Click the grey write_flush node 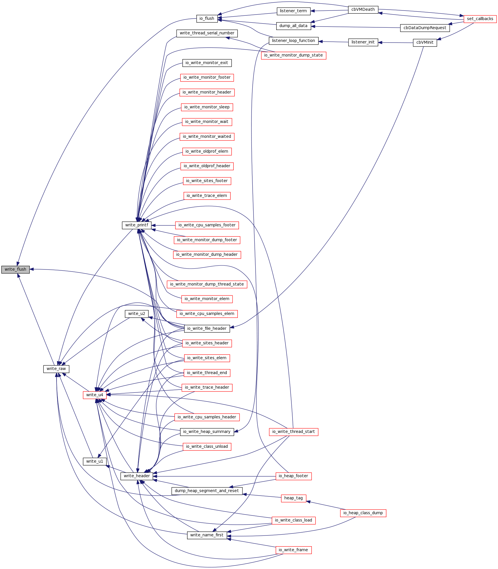pyautogui.click(x=15, y=269)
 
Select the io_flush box pyautogui.click(x=207, y=19)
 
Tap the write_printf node pyautogui.click(x=136, y=225)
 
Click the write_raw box pyautogui.click(x=56, y=369)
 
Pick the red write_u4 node pyautogui.click(x=95, y=395)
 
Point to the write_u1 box pyautogui.click(x=95, y=461)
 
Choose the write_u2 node pyautogui.click(x=137, y=314)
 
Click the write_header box pyautogui.click(x=137, y=476)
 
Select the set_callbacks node pyautogui.click(x=480, y=19)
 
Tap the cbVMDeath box pyautogui.click(x=363, y=10)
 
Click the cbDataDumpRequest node pyautogui.click(x=425, y=28)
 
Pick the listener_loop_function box pyautogui.click(x=293, y=41)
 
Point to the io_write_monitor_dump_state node pyautogui.click(x=293, y=55)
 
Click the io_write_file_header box pyautogui.click(x=207, y=329)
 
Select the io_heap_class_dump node pyautogui.click(x=363, y=513)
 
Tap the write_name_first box pyautogui.click(x=207, y=535)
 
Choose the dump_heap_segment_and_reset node pyautogui.click(x=207, y=491)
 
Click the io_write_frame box pyautogui.click(x=293, y=550)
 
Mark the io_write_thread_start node pyautogui.click(x=293, y=432)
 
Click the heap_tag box pyautogui.click(x=293, y=498)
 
